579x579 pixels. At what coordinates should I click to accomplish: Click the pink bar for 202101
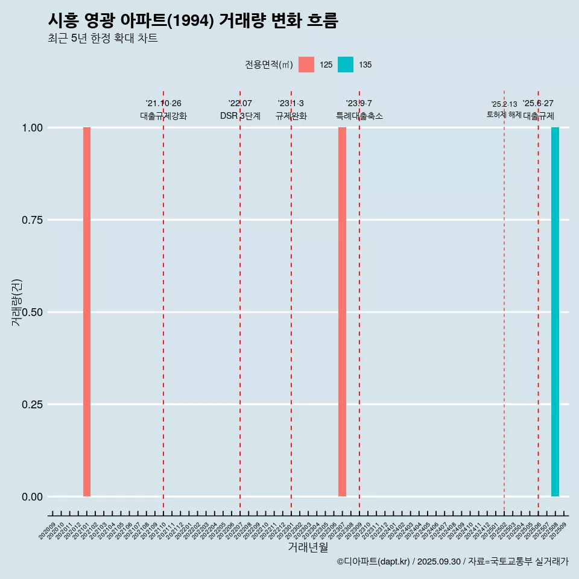coord(87,312)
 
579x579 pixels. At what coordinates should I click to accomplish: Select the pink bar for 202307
coord(342,312)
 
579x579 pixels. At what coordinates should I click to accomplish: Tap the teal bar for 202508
coord(555,312)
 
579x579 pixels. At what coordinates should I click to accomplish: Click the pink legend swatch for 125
coord(306,65)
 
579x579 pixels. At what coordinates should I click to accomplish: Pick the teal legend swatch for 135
coord(346,65)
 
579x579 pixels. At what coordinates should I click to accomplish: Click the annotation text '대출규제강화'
coord(163,116)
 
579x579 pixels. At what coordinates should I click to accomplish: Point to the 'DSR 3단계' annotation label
coord(240,116)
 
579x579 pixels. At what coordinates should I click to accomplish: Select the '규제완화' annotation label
coord(291,116)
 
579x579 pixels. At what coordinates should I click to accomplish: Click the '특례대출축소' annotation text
coord(359,116)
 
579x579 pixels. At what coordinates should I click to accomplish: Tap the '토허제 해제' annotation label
coord(504,115)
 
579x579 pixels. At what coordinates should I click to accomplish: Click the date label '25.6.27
coord(538,104)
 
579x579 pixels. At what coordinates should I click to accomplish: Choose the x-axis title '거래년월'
coord(308,548)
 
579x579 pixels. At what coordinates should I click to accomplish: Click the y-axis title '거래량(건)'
coord(17,302)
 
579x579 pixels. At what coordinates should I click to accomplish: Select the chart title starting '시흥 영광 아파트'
coord(193,21)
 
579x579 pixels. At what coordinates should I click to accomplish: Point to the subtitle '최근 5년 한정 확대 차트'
coord(103,39)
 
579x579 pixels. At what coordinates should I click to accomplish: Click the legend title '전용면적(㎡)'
coord(269,65)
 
